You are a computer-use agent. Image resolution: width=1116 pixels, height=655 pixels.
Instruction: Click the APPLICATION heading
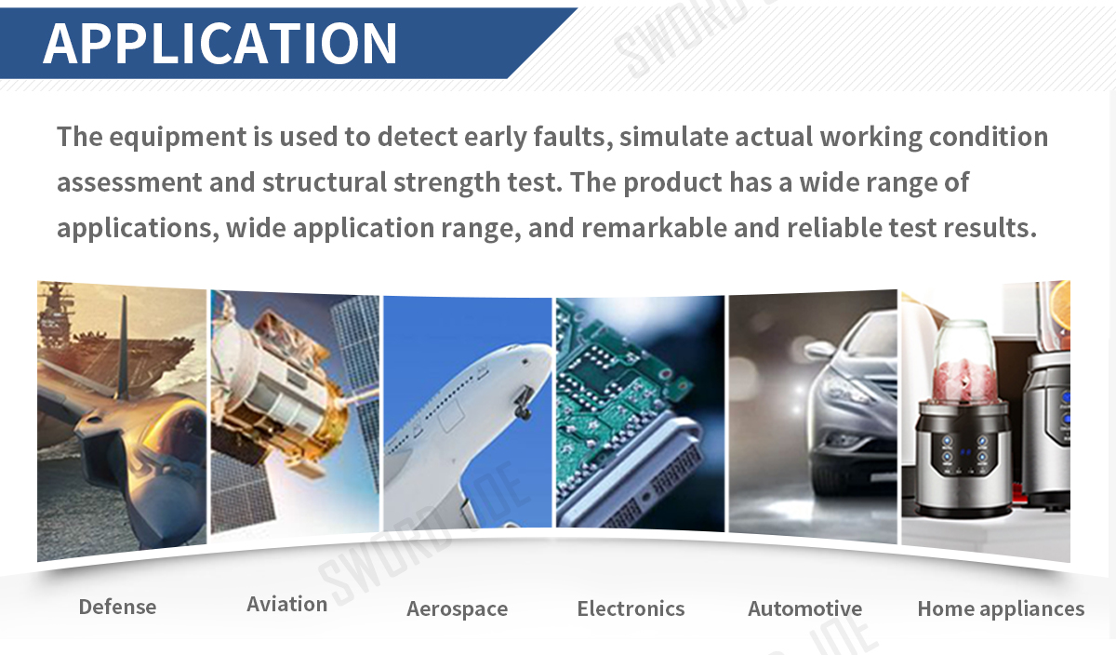pyautogui.click(x=219, y=44)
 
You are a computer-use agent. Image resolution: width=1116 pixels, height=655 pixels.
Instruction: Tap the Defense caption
pyautogui.click(x=117, y=607)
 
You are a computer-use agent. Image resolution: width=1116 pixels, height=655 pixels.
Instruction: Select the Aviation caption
pyautogui.click(x=287, y=604)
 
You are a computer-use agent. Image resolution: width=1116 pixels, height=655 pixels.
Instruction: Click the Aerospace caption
pyautogui.click(x=458, y=609)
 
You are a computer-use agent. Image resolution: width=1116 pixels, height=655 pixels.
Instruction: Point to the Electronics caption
pyautogui.click(x=631, y=608)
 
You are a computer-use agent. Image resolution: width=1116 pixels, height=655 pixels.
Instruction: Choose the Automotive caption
pyautogui.click(x=805, y=608)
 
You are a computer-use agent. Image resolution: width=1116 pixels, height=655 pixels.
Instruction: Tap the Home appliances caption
pyautogui.click(x=1001, y=609)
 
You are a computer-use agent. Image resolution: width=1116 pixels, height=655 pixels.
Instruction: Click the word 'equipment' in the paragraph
pyautogui.click(x=178, y=138)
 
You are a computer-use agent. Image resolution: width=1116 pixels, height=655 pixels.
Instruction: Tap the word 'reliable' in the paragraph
pyautogui.click(x=834, y=228)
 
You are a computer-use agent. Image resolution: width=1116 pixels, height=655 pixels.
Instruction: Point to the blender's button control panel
pyautogui.click(x=963, y=455)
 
